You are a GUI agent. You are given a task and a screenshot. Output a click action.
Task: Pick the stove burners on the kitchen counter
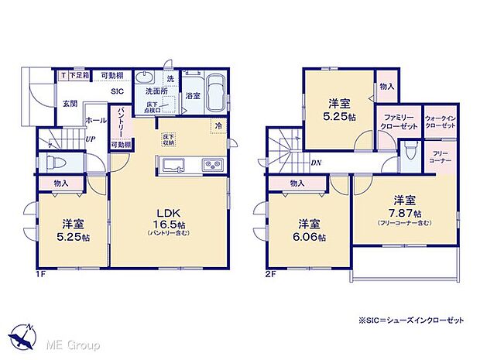coord(211,165)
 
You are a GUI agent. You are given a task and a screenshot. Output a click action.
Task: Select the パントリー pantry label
coord(122,122)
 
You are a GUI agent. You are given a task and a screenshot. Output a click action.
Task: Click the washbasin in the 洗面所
coord(145,81)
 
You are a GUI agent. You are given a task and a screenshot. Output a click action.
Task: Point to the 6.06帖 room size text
coord(311,237)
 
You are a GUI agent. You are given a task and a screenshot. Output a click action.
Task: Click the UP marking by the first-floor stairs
coord(91,140)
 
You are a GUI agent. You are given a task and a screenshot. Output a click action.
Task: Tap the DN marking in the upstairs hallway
coord(316,163)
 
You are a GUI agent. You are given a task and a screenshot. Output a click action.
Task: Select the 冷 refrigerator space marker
coord(218,125)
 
